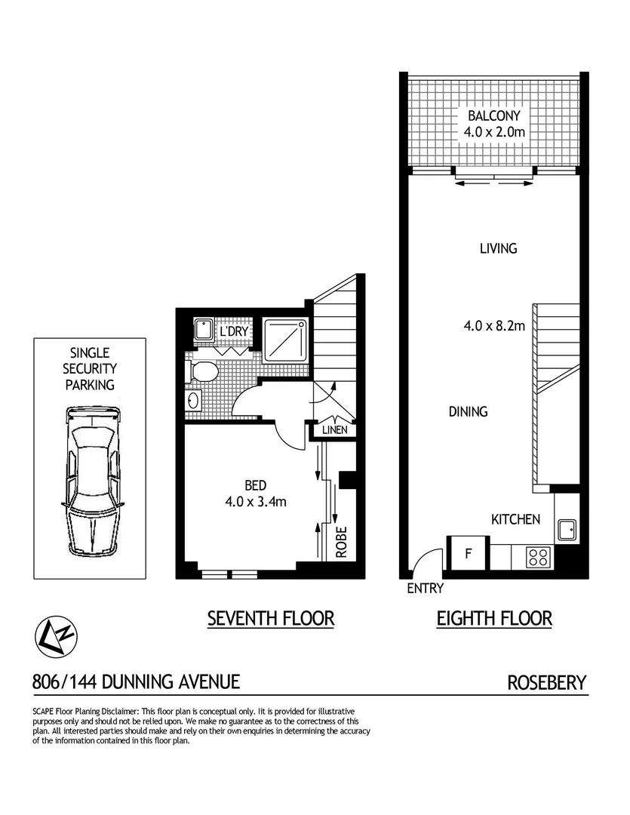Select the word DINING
click(468, 412)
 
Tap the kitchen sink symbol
click(566, 529)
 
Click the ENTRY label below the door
click(425, 589)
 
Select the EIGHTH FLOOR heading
click(494, 619)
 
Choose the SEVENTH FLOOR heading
click(270, 619)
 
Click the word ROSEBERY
click(546, 683)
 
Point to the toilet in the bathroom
click(203, 372)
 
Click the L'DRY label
click(233, 331)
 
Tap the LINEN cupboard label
click(333, 430)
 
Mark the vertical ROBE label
click(341, 542)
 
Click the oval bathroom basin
click(192, 399)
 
